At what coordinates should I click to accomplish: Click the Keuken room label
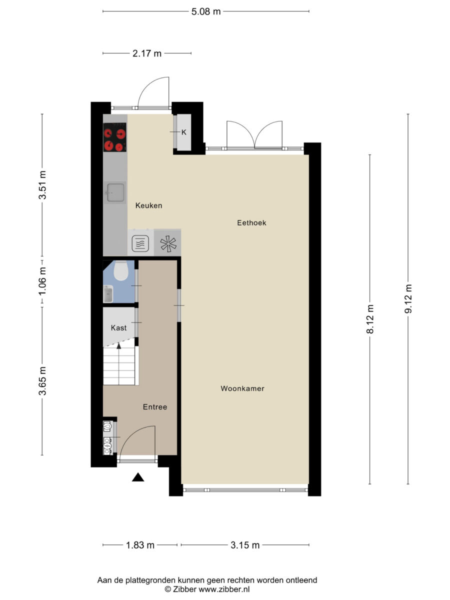[148, 205]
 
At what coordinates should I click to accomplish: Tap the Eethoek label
[251, 223]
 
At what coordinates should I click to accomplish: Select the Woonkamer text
[242, 388]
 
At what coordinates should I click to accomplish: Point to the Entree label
[155, 406]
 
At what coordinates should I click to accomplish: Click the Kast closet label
[118, 327]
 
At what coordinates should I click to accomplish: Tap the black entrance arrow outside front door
[138, 477]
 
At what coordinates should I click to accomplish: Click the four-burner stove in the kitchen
[115, 137]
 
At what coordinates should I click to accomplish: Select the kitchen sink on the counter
[115, 192]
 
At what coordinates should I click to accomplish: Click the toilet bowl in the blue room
[120, 271]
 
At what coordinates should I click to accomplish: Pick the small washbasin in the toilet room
[108, 294]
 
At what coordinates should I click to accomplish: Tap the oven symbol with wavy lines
[140, 243]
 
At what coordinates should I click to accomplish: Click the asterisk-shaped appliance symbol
[168, 243]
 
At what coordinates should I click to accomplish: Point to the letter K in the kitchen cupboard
[184, 132]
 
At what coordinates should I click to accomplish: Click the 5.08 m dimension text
[205, 12]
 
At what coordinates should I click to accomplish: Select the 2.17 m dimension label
[147, 53]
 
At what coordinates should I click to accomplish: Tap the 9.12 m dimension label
[408, 299]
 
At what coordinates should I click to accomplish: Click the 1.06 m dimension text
[42, 281]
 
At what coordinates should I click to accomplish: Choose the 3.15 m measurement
[245, 545]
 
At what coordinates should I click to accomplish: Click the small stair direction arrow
[119, 346]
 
